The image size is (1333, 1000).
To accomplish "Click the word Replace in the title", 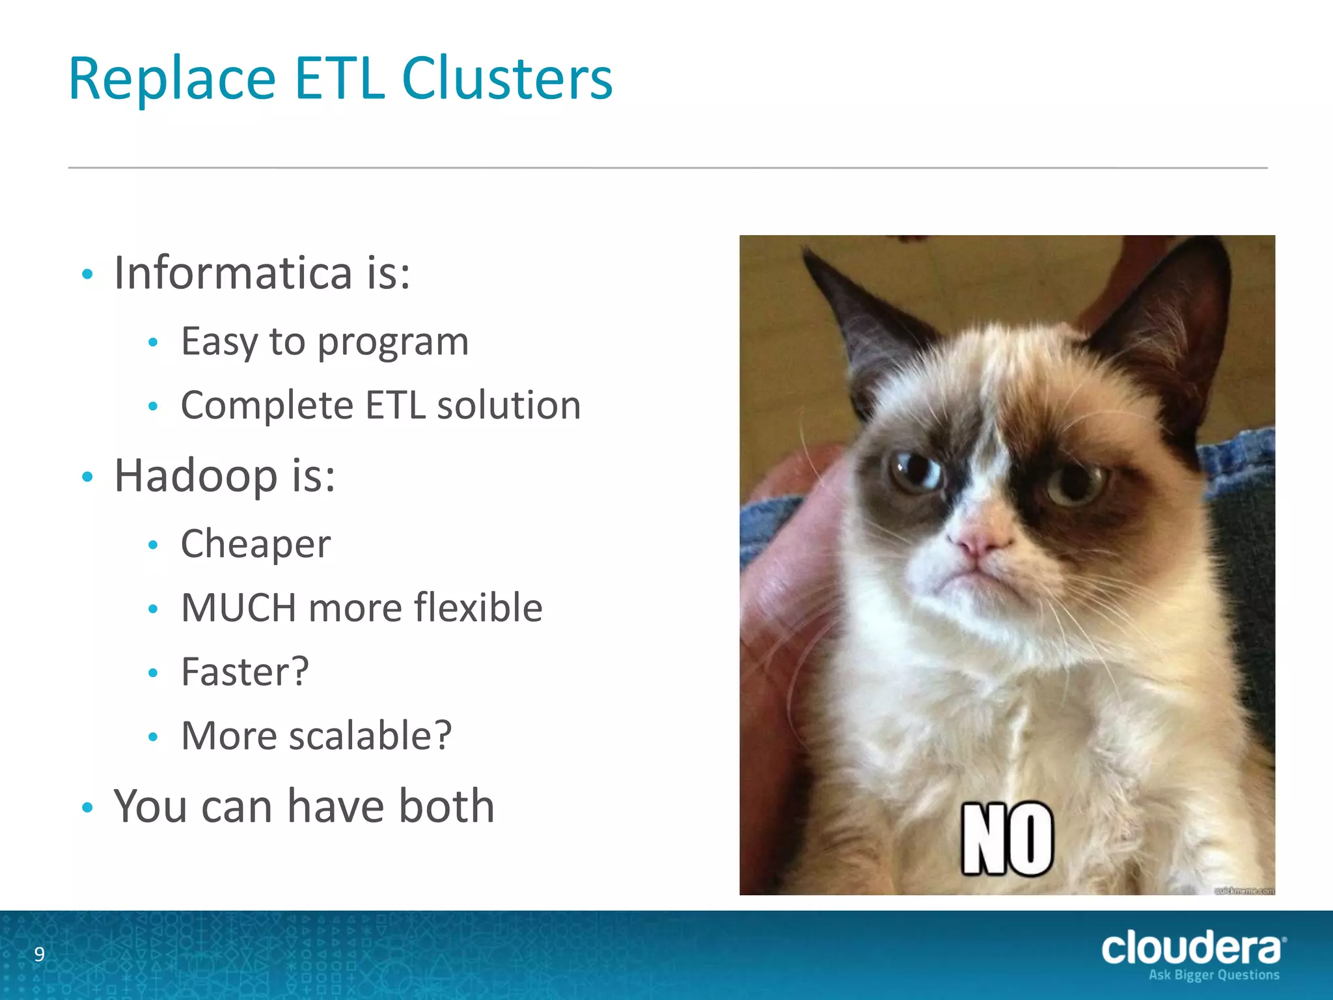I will [172, 79].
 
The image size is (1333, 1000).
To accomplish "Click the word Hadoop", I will [196, 475].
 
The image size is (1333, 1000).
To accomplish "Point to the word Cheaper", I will [256, 544].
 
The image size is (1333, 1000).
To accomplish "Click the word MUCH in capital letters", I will [238, 607].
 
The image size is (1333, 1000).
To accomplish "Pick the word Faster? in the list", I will [245, 671].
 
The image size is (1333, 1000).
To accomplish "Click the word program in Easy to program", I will [392, 342].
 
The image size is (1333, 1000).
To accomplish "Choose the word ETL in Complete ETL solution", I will [396, 405].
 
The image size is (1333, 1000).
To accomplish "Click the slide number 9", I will [40, 954].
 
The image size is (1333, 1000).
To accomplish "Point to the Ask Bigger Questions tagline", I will [1213, 975].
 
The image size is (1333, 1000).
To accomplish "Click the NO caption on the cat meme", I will [1007, 839].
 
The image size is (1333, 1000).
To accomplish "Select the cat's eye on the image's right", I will [1075, 484].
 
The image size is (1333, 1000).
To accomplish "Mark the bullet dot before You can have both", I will [88, 808].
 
